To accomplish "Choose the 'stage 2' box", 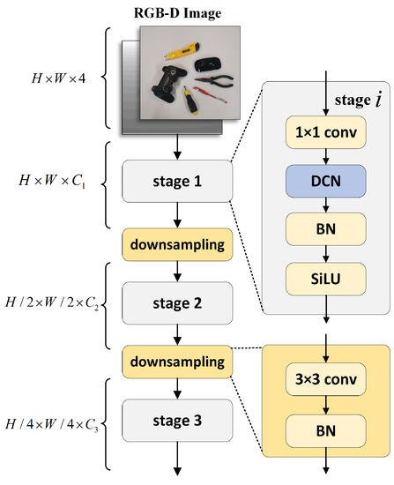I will pyautogui.click(x=178, y=302).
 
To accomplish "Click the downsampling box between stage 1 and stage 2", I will pyautogui.click(x=178, y=242).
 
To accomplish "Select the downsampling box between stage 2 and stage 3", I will pyautogui.click(x=178, y=362).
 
